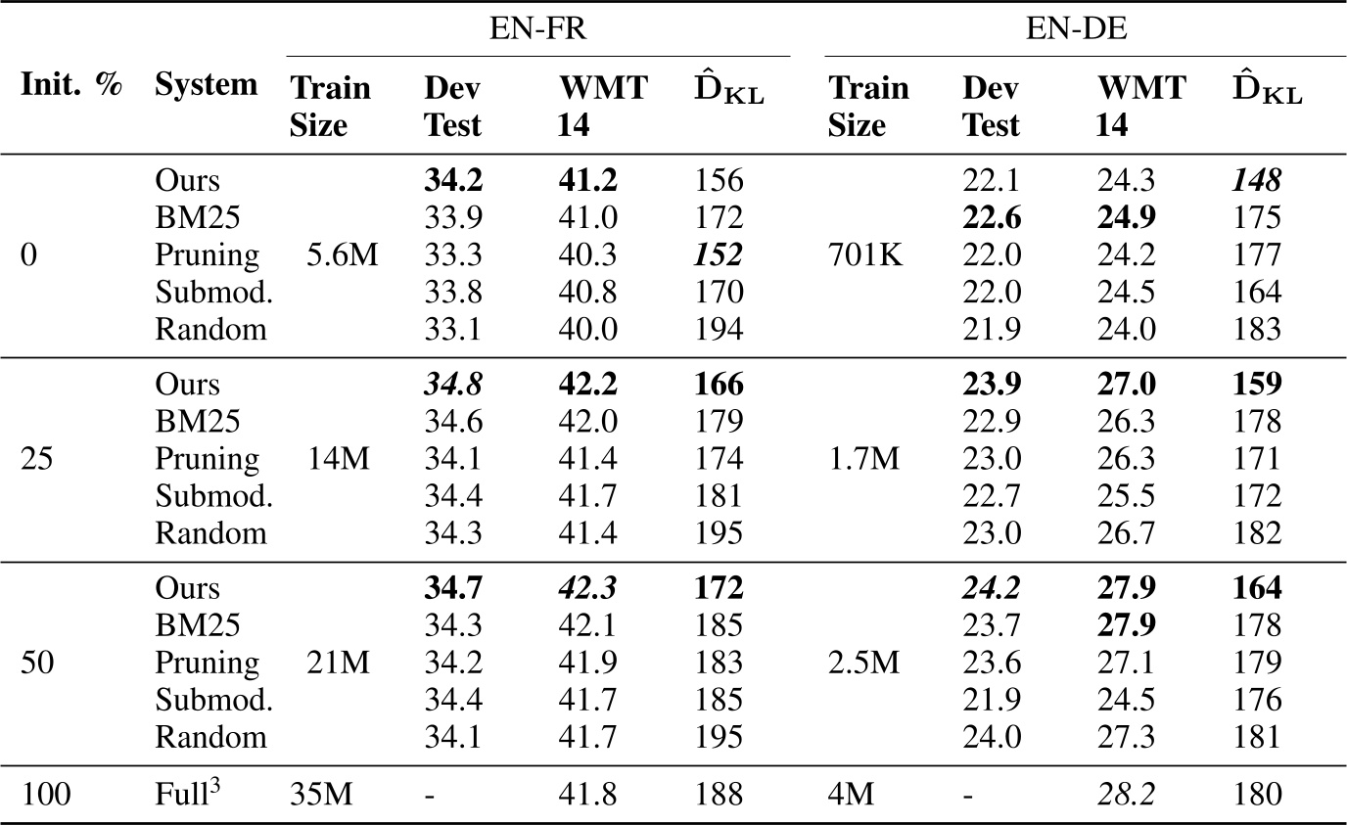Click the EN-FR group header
click(538, 28)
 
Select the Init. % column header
click(71, 86)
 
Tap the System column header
click(207, 86)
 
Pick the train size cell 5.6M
click(329, 255)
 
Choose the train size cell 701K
click(866, 255)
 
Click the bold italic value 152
click(720, 255)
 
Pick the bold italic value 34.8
click(454, 385)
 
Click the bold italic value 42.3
click(588, 588)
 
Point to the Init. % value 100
click(46, 795)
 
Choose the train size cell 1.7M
click(864, 459)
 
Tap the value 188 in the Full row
click(720, 795)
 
